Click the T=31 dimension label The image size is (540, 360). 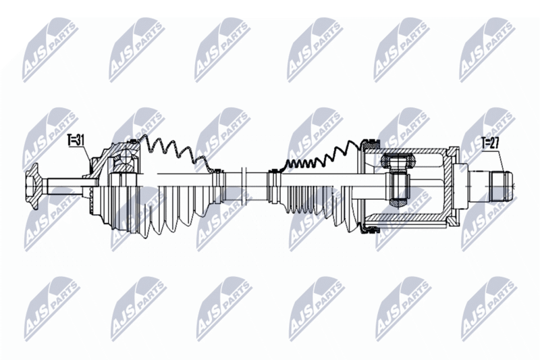click(76, 140)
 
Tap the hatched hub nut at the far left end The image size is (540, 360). click(32, 186)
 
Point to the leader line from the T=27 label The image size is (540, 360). click(502, 160)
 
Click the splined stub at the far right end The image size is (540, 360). click(502, 186)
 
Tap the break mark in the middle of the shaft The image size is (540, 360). click(244, 186)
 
